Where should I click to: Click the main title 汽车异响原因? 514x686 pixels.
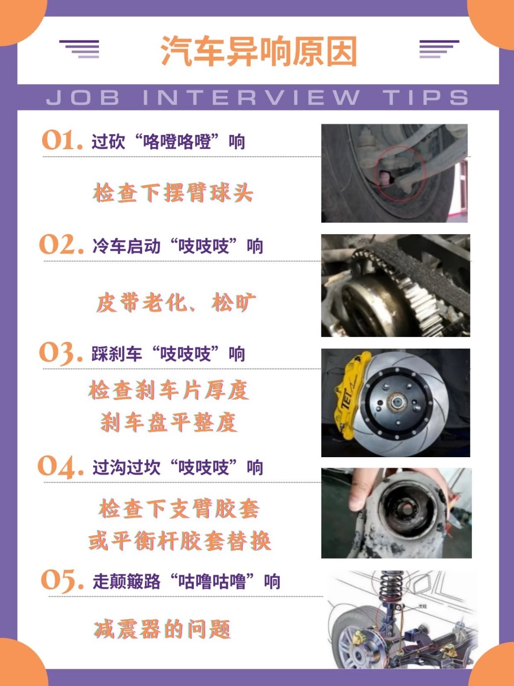[x=258, y=51]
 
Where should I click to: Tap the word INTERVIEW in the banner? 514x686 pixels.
[x=251, y=98]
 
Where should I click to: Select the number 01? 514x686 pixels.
[x=62, y=141]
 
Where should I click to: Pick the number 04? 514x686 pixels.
[x=61, y=466]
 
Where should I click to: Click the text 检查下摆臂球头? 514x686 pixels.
[x=173, y=193]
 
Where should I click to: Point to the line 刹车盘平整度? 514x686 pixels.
[x=169, y=422]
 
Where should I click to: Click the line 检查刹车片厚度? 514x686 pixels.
[x=169, y=390]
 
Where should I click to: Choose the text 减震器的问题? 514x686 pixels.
[x=162, y=629]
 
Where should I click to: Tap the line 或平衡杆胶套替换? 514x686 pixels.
[x=179, y=541]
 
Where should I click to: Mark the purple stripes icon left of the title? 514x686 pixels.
[x=80, y=49]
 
